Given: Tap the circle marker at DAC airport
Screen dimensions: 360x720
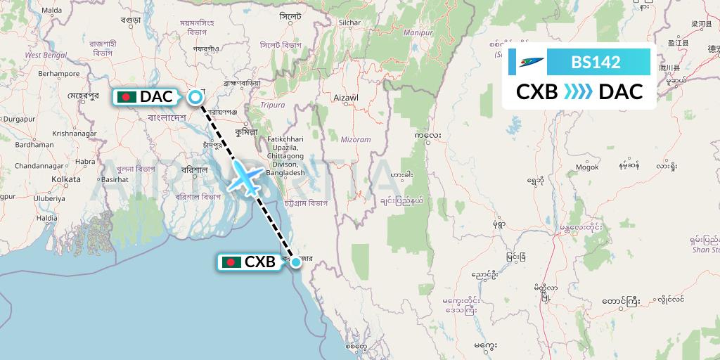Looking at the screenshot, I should tap(195, 97).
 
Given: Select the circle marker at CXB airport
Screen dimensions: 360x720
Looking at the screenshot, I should tap(297, 262).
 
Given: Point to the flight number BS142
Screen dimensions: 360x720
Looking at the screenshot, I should tap(596, 62).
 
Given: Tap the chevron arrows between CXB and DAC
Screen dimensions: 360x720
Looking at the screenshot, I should tap(578, 91).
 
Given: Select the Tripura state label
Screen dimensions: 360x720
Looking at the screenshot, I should tap(274, 105).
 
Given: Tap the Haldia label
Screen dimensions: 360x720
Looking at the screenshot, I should tap(47, 218).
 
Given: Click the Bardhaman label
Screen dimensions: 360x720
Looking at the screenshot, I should tap(34, 144).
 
